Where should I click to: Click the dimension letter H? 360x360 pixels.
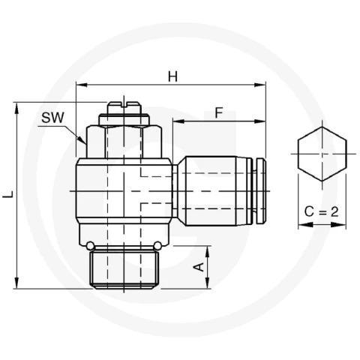[172, 76]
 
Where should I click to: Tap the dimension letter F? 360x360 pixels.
[219, 112]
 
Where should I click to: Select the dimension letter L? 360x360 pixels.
[8, 193]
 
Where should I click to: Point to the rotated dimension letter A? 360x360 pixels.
[199, 267]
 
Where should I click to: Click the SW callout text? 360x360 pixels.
[52, 118]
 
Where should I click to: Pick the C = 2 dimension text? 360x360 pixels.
[322, 211]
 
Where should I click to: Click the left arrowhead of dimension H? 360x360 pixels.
[82, 85]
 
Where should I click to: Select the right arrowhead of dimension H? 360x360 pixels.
[259, 85]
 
